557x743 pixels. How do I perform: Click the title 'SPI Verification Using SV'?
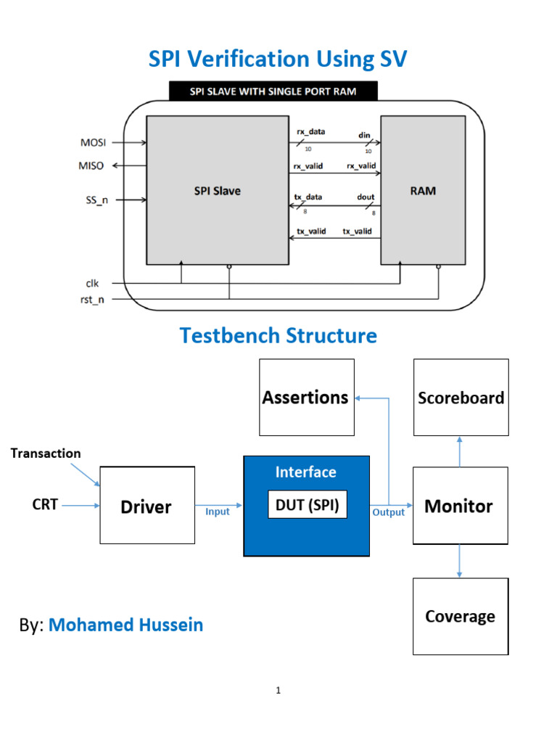pyautogui.click(x=278, y=59)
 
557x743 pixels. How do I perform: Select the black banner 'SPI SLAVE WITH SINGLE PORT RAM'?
pyautogui.click(x=273, y=91)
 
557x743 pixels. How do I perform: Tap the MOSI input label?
pyautogui.click(x=92, y=142)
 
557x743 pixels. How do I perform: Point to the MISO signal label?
pyautogui.click(x=91, y=165)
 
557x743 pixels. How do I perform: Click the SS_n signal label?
pyautogui.click(x=94, y=200)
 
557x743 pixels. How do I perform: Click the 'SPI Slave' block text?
pyautogui.click(x=217, y=191)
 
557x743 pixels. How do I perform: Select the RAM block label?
pyautogui.click(x=423, y=192)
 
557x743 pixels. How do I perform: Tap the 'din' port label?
pyautogui.click(x=364, y=135)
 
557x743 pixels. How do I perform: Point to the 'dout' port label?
pyautogui.click(x=366, y=197)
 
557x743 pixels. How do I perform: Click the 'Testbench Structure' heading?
pyautogui.click(x=278, y=336)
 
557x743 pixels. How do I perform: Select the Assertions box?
pyautogui.click(x=307, y=397)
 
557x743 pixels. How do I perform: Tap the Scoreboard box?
pyautogui.click(x=461, y=397)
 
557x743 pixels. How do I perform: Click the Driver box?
pyautogui.click(x=147, y=506)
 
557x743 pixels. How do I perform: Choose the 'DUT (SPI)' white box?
pyautogui.click(x=308, y=506)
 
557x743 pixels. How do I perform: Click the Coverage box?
pyautogui.click(x=460, y=616)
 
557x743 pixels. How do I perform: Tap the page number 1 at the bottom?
pyautogui.click(x=278, y=690)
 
